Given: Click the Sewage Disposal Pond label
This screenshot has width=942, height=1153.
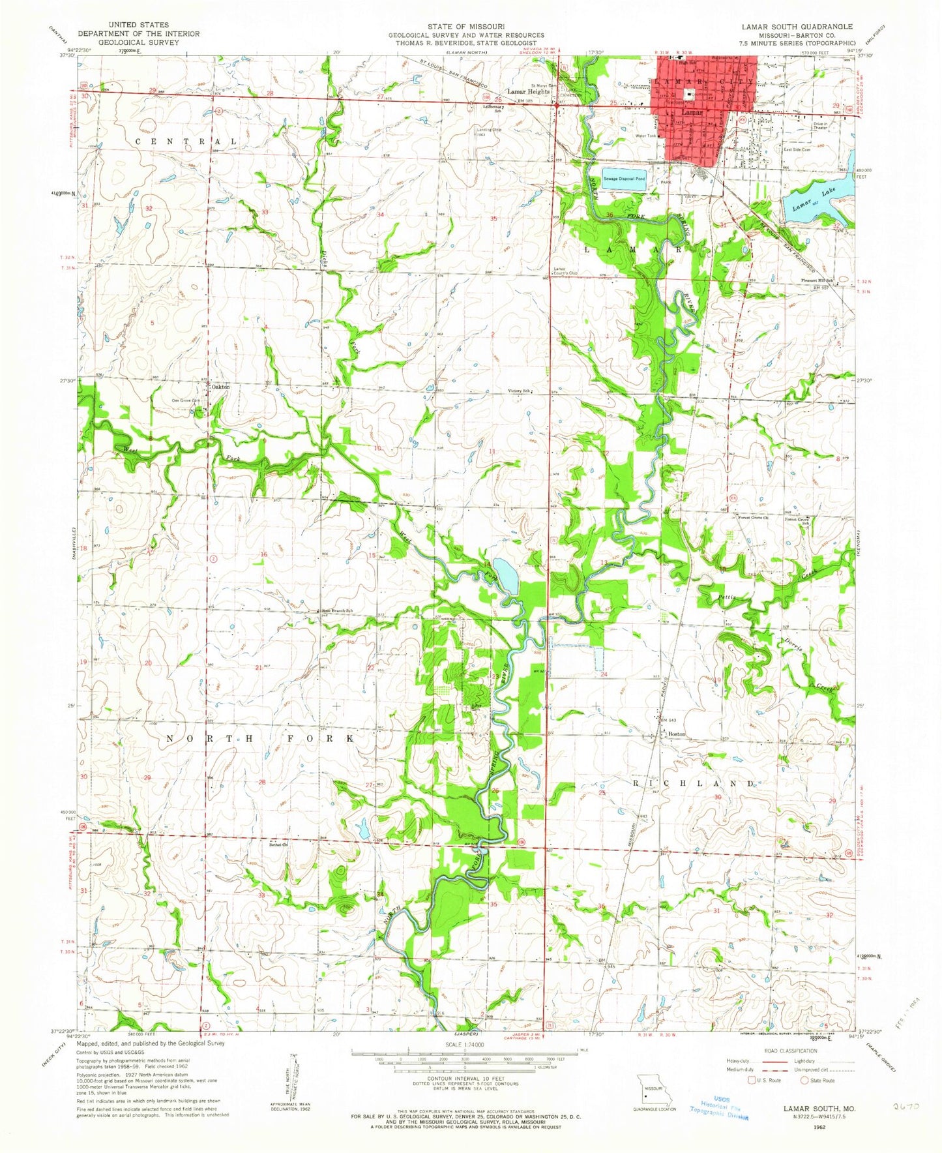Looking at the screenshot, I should (623, 178).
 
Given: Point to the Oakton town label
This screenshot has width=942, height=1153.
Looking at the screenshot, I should (219, 386).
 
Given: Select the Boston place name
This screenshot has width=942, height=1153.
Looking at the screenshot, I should (677, 734).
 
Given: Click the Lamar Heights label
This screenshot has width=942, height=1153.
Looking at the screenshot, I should (529, 92).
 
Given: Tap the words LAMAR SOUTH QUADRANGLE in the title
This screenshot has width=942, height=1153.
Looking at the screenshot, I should (801, 26).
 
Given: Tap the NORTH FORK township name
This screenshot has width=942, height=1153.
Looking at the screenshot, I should (259, 738).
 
